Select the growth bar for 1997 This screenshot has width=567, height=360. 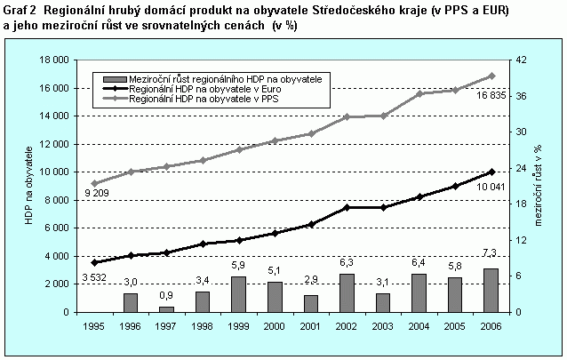point(167,308)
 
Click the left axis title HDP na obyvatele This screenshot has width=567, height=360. point(29,186)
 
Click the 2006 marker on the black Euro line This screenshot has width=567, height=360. point(491,172)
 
